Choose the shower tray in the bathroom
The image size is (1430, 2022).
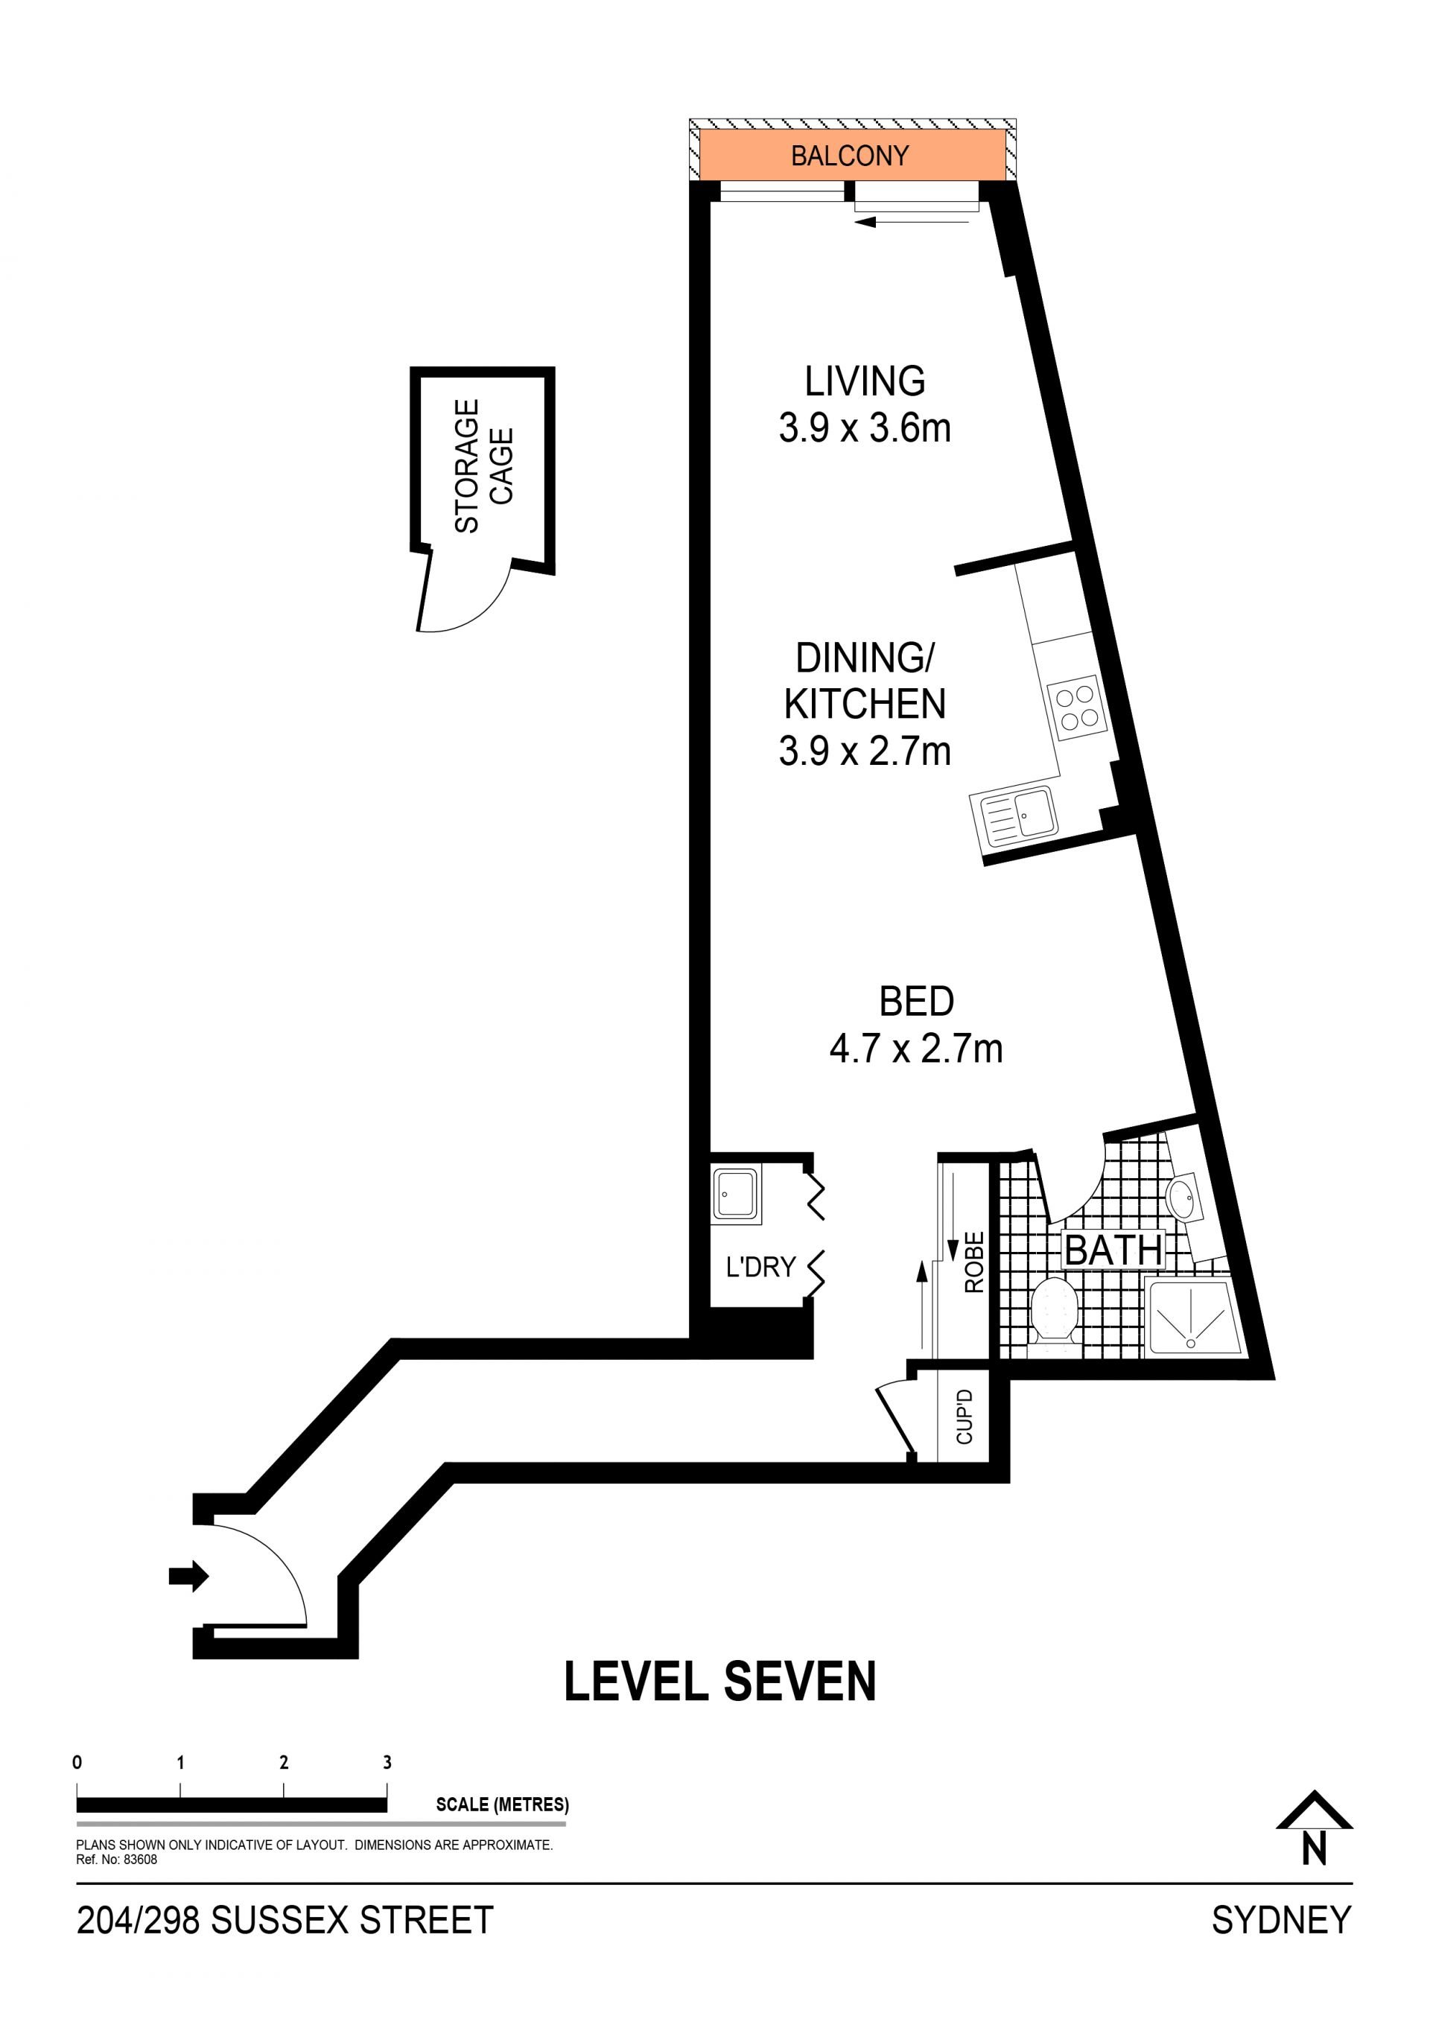pos(1193,1317)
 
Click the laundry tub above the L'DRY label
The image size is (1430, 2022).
pos(735,1195)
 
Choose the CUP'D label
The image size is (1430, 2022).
pos(965,1417)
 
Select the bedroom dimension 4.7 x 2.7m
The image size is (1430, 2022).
pos(916,1048)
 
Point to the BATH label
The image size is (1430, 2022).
pos(1113,1250)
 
